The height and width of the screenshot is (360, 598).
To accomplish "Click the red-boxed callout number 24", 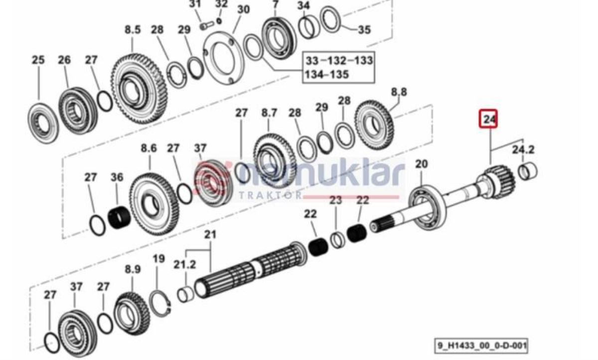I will click(x=489, y=119).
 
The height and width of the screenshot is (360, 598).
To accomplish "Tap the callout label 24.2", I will click(x=523, y=149).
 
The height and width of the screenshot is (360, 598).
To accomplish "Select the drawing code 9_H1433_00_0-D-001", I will click(x=481, y=345).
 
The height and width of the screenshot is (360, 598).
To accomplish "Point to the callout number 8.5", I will click(x=133, y=30).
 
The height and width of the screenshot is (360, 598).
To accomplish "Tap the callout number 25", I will click(x=38, y=60).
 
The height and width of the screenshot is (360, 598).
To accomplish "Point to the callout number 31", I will click(x=195, y=5).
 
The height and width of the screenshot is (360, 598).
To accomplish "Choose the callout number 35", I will click(x=364, y=30).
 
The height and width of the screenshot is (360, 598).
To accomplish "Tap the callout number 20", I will click(x=422, y=164).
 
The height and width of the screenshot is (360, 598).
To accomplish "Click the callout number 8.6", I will click(x=149, y=148).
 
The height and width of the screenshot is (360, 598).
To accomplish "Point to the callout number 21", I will click(x=211, y=235).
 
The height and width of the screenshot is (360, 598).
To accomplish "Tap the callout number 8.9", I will click(x=133, y=269).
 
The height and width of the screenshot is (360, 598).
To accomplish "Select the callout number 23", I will click(x=336, y=200).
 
